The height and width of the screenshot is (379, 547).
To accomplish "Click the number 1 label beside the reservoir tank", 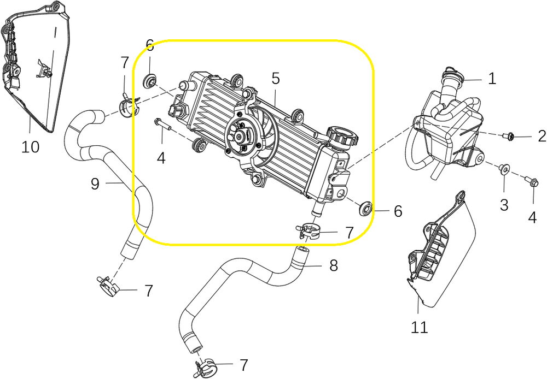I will coord(492,79).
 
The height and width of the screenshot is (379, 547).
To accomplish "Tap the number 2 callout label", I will coord(542,136).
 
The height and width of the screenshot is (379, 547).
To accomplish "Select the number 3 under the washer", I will coord(504,205).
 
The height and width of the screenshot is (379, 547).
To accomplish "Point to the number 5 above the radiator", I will coord(276,79).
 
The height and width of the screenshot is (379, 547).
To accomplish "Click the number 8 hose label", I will coord(333,266).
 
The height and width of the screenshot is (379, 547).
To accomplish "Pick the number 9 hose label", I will coord(95,184).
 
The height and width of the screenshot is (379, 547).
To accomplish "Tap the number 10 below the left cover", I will coord(31,147).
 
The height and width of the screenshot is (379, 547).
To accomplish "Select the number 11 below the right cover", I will coord(420,327).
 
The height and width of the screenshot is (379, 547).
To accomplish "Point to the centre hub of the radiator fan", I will coord(242,135).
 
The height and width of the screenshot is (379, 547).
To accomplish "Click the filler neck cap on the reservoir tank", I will coord(452,72).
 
